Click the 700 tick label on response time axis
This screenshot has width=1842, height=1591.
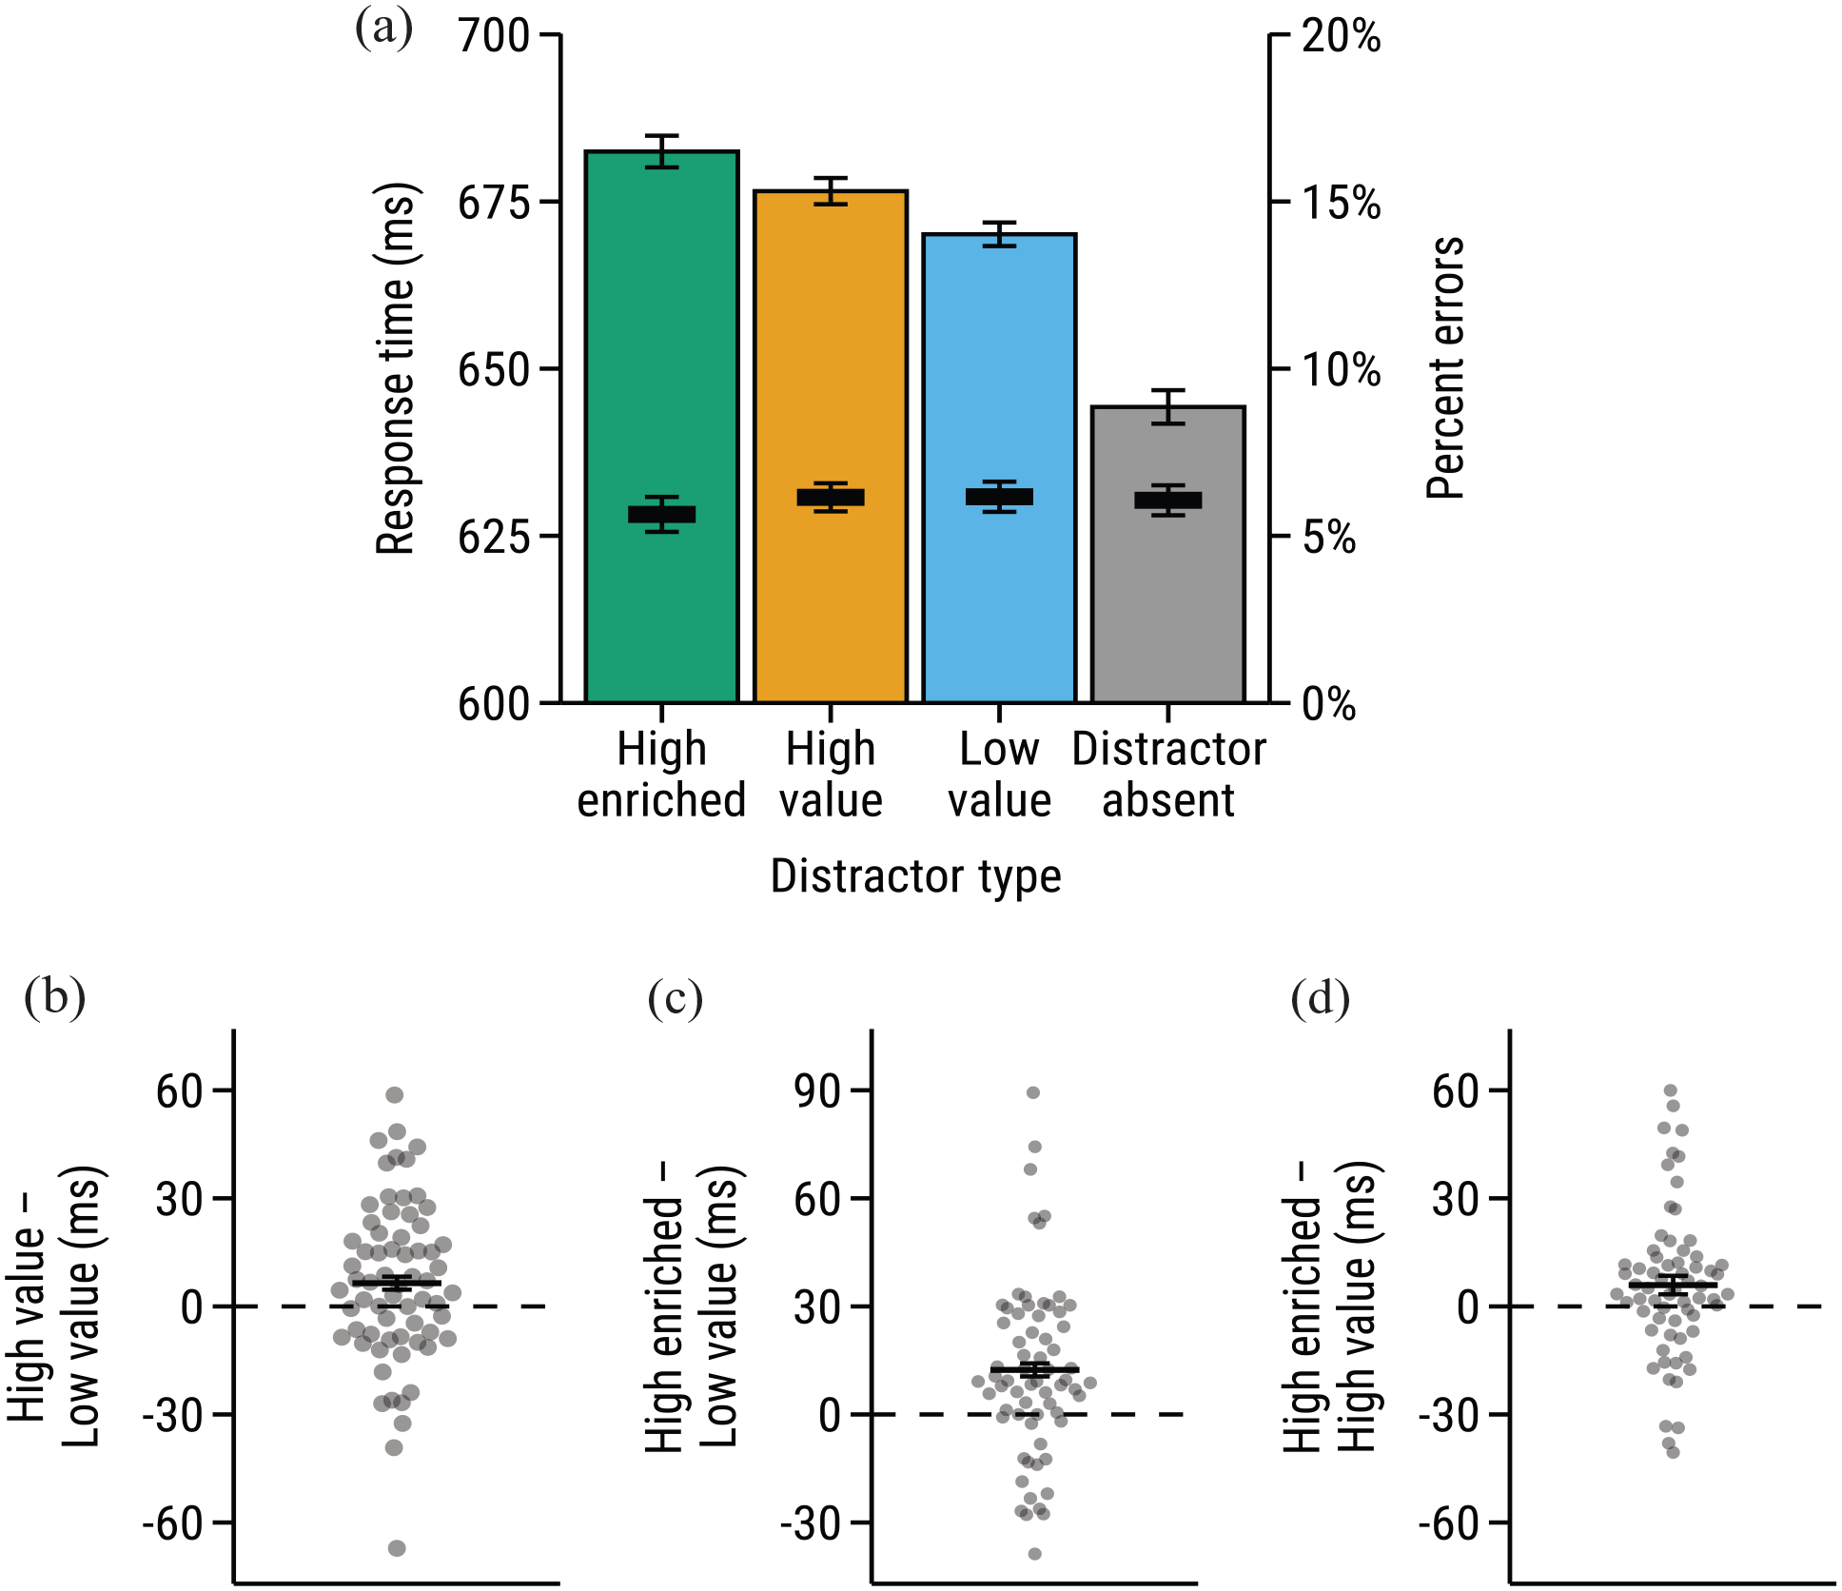pos(494,36)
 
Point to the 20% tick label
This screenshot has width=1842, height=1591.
pos(1342,36)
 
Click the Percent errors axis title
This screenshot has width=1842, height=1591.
pos(1445,368)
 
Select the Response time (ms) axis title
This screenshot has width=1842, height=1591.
pos(396,368)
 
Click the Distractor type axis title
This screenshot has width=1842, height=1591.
pos(915,875)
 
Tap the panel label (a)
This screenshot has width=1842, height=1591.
pos(383,29)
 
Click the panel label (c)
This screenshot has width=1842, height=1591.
pos(675,999)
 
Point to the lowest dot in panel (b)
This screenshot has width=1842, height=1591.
pos(397,1548)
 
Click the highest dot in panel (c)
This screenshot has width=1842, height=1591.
pos(1033,1092)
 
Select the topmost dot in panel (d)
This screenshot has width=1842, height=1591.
pos(1670,1090)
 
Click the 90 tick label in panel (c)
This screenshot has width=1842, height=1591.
pos(818,1090)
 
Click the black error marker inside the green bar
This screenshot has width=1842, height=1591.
pos(661,515)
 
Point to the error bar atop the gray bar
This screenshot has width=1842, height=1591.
pos(1168,406)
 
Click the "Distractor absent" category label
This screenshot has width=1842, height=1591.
pos(1168,774)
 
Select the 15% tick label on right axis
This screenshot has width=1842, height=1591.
pos(1342,203)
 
